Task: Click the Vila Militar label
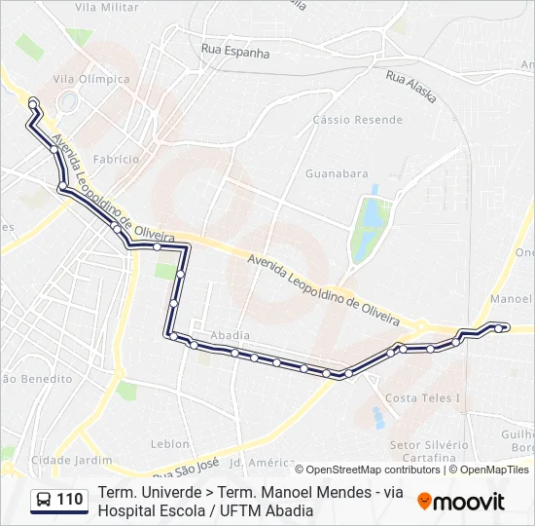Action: click(106, 7)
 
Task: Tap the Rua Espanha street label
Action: click(234, 51)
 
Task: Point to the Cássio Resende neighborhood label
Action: click(357, 120)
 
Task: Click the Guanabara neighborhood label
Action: click(337, 173)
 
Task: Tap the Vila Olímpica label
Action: click(91, 79)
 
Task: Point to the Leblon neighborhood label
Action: click(170, 443)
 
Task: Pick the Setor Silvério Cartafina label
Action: click(423, 450)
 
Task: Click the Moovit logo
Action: click(461, 501)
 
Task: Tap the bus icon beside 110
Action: click(44, 501)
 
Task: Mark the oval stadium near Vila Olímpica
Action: click(68, 101)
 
